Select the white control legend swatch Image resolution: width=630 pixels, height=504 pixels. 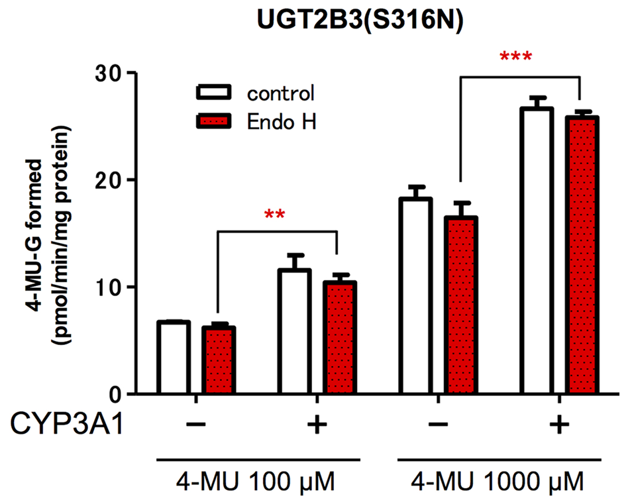[214, 92]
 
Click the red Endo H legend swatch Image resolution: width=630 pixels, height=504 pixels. [214, 121]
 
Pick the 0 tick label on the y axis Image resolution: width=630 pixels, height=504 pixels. [115, 394]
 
